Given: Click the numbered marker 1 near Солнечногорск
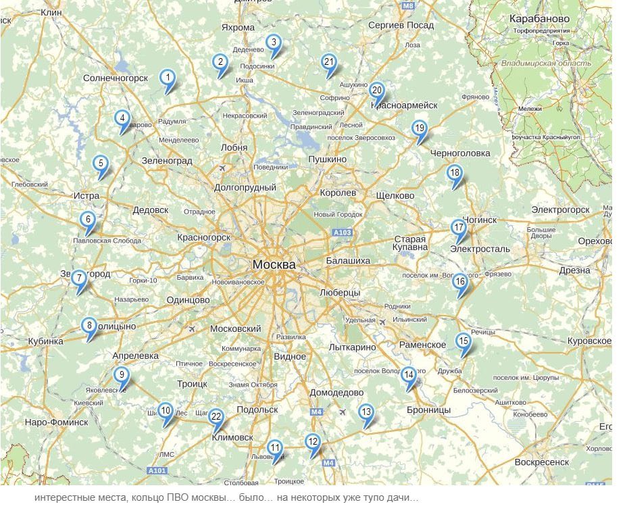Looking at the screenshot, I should pos(167,79).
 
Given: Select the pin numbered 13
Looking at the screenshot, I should pos(366,413).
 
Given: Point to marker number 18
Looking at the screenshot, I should pos(455,174).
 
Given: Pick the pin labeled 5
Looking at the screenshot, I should pos(101,165).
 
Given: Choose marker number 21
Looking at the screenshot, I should pos(328,63).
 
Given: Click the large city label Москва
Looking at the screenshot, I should pos(274,264).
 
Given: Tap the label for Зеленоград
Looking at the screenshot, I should pos(167,161).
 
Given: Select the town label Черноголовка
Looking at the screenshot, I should pos(460,153).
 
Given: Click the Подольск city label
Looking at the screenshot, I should pos(257,410).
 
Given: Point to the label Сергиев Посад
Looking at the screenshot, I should pos(401,25).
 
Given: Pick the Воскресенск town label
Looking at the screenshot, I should pos(541,462).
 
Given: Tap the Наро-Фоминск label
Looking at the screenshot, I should pos(56,422).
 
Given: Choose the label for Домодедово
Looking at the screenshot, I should pos(336,393).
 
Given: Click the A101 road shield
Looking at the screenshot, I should pos(156,470).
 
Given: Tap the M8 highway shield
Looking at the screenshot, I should pos(407,5).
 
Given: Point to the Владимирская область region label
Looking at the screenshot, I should pos(546,64).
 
